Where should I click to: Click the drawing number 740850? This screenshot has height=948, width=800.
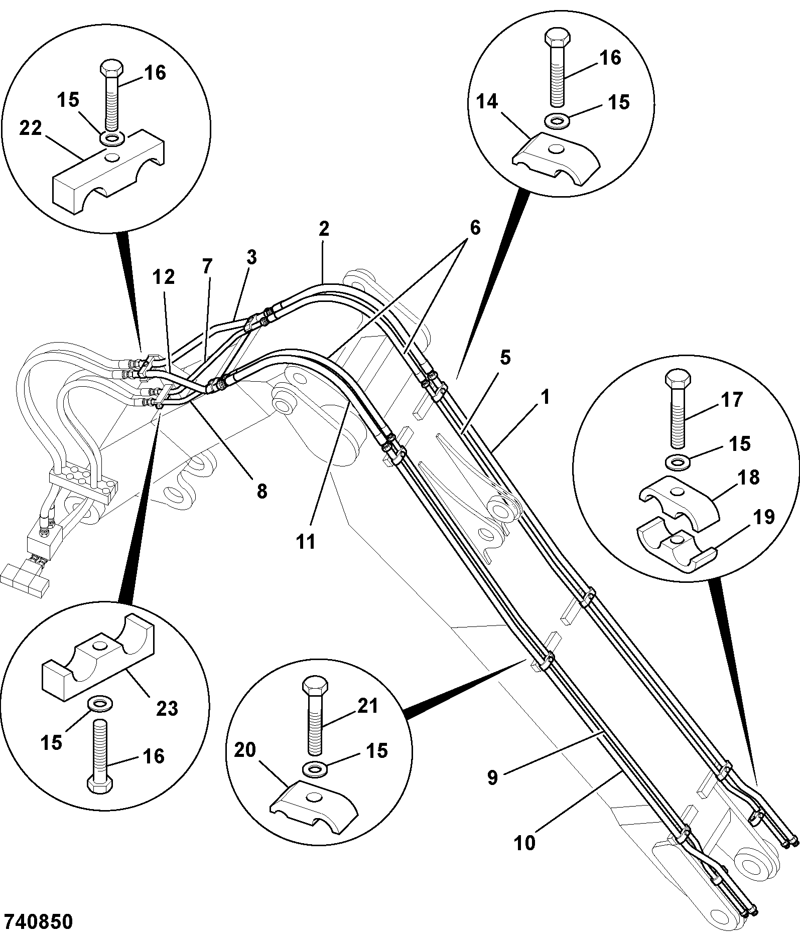click(x=38, y=922)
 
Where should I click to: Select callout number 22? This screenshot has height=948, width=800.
click(x=31, y=128)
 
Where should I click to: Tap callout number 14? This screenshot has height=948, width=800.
click(x=487, y=102)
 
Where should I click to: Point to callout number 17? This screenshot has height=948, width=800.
click(x=731, y=400)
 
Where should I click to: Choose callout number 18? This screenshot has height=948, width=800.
click(x=749, y=477)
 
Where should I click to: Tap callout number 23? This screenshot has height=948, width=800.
click(x=167, y=708)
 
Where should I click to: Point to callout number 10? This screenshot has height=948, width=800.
click(x=525, y=843)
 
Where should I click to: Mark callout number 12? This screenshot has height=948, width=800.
click(x=164, y=276)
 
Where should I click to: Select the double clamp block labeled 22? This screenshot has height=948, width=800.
click(x=109, y=172)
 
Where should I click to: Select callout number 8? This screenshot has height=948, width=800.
click(x=262, y=491)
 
